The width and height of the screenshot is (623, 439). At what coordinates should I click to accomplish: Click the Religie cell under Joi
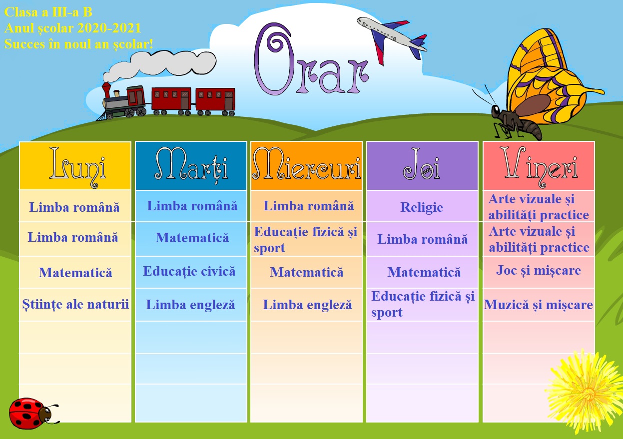[422, 207]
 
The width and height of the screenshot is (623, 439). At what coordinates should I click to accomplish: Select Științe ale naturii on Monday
[75, 304]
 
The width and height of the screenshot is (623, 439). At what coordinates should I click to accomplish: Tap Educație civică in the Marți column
[189, 271]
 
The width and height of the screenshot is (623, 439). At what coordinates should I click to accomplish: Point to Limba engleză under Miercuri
[308, 305]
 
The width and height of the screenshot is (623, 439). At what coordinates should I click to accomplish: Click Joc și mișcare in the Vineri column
[539, 270]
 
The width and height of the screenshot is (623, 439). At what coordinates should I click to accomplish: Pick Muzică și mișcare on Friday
[539, 304]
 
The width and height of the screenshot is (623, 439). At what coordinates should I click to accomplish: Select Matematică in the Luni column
[75, 273]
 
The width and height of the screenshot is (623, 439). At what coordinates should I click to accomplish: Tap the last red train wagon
[215, 100]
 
